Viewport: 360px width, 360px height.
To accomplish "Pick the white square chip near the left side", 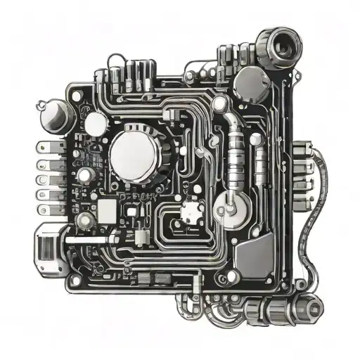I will [x=108, y=209].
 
